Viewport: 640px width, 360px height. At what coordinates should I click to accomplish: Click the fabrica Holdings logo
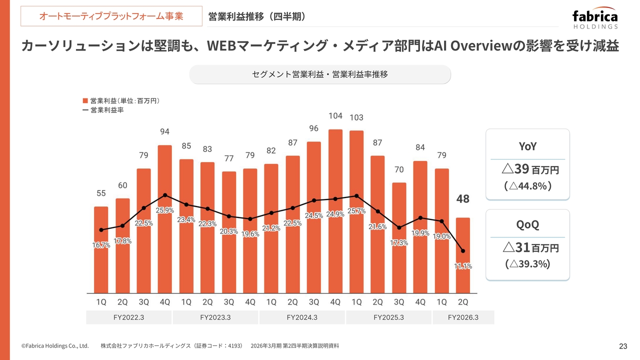click(594, 19)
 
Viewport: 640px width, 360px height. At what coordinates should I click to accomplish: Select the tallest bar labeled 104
click(335, 210)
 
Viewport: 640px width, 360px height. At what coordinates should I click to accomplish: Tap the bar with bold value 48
click(463, 255)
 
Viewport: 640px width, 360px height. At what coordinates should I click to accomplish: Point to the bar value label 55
click(101, 192)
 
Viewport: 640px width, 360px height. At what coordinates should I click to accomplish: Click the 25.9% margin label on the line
click(165, 210)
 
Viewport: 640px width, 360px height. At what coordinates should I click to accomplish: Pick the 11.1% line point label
click(463, 266)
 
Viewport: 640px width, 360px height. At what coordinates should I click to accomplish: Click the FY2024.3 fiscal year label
click(302, 317)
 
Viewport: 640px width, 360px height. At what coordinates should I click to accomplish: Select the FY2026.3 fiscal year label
click(463, 317)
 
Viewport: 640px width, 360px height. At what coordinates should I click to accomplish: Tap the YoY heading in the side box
click(527, 146)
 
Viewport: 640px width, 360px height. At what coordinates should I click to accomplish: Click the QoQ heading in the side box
click(527, 224)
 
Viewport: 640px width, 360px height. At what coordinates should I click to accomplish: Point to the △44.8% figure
click(527, 186)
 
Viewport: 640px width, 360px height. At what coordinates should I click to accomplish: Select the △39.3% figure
click(527, 263)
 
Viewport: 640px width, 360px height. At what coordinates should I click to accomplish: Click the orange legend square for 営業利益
click(85, 100)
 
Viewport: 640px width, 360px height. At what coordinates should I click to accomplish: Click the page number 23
click(623, 346)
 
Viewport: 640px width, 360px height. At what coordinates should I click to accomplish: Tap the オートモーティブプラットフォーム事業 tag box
click(111, 16)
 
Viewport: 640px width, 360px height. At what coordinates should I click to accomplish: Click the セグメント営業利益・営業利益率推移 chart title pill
click(320, 74)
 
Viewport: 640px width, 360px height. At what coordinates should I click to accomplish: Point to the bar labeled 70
click(399, 237)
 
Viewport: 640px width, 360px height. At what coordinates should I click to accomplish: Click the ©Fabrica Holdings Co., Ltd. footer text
click(55, 345)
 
